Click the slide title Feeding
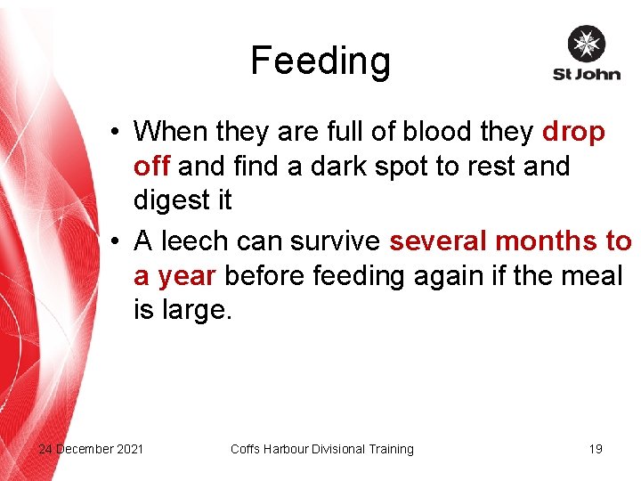point(320,61)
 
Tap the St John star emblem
point(586,44)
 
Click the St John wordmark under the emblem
point(586,74)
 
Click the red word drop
point(573,132)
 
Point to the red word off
point(151,167)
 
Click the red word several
point(438,241)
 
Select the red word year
point(186,276)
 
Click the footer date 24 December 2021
point(90,449)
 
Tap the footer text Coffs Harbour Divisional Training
point(321,449)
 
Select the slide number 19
point(596,449)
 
